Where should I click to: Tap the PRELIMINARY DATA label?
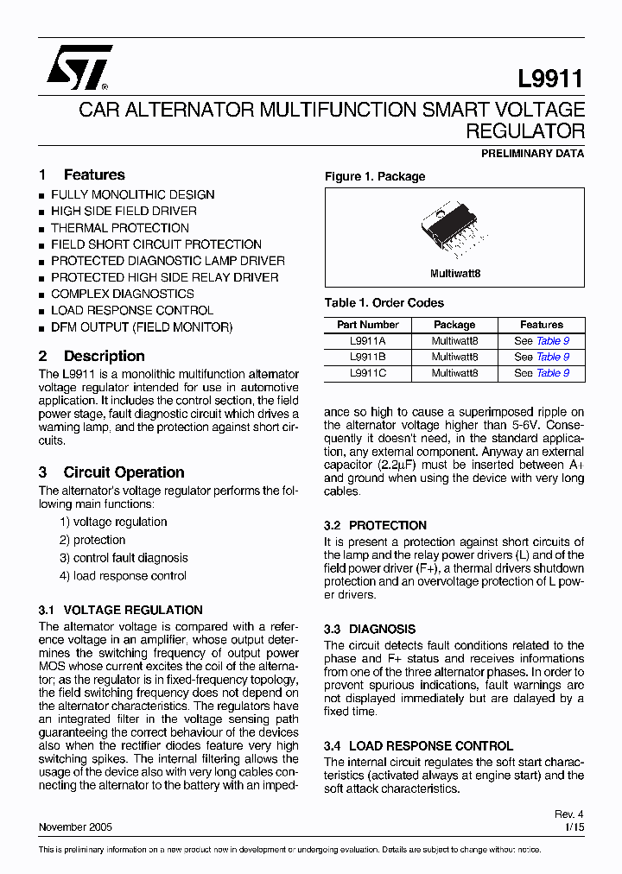point(532,154)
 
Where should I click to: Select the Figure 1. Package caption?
point(375,176)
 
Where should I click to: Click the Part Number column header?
point(368,325)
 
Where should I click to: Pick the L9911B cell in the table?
point(368,357)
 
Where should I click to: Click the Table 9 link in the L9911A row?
point(553,341)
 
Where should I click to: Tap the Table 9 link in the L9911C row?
point(553,373)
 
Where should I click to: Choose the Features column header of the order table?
point(542,325)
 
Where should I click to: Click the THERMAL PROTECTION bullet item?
point(119,228)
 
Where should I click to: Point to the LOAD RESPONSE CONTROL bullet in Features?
point(131,310)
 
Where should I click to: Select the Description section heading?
point(104,356)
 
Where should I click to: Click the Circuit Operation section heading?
point(124,472)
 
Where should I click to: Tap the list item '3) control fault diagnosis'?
point(124,558)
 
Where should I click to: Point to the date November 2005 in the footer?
point(75,826)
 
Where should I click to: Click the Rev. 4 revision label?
point(568,814)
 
